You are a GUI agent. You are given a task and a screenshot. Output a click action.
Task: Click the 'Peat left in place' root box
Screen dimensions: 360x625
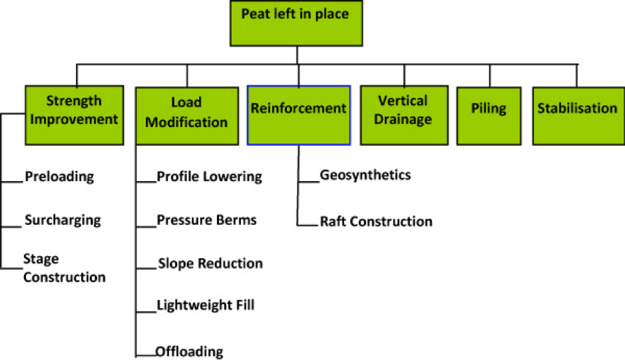(297, 23)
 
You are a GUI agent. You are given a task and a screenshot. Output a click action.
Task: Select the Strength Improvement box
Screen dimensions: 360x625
(74, 115)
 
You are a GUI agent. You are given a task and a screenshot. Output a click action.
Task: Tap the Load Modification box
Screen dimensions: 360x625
(186, 115)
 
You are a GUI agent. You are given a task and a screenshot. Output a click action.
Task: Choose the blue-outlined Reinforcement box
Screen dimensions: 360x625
(298, 115)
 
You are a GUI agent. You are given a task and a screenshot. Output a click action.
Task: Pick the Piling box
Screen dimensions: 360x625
(489, 115)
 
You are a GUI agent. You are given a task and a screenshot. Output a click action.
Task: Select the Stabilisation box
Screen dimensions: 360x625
(576, 115)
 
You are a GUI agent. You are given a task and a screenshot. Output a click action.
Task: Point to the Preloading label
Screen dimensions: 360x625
(59, 177)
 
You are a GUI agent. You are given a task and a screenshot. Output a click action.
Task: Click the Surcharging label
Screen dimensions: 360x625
(63, 220)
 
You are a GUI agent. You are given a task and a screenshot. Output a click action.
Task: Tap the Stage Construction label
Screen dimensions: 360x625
(64, 268)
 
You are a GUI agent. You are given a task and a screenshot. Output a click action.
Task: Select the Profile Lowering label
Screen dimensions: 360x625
(209, 177)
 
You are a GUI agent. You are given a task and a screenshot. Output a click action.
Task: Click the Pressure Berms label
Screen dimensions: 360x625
(206, 220)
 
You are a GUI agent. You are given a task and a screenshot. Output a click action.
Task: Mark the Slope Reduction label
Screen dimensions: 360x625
(210, 264)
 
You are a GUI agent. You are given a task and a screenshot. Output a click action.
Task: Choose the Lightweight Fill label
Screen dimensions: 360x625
(205, 305)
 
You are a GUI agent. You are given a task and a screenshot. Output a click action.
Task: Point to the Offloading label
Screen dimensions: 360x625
(189, 351)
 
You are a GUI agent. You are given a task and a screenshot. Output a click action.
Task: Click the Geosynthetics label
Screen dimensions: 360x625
(365, 175)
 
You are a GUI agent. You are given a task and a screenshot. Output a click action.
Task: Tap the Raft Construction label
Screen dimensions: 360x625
(376, 222)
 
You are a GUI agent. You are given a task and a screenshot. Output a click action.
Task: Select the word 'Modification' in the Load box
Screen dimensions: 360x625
(186, 122)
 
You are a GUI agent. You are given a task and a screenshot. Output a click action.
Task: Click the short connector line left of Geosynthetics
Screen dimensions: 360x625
(308, 180)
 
